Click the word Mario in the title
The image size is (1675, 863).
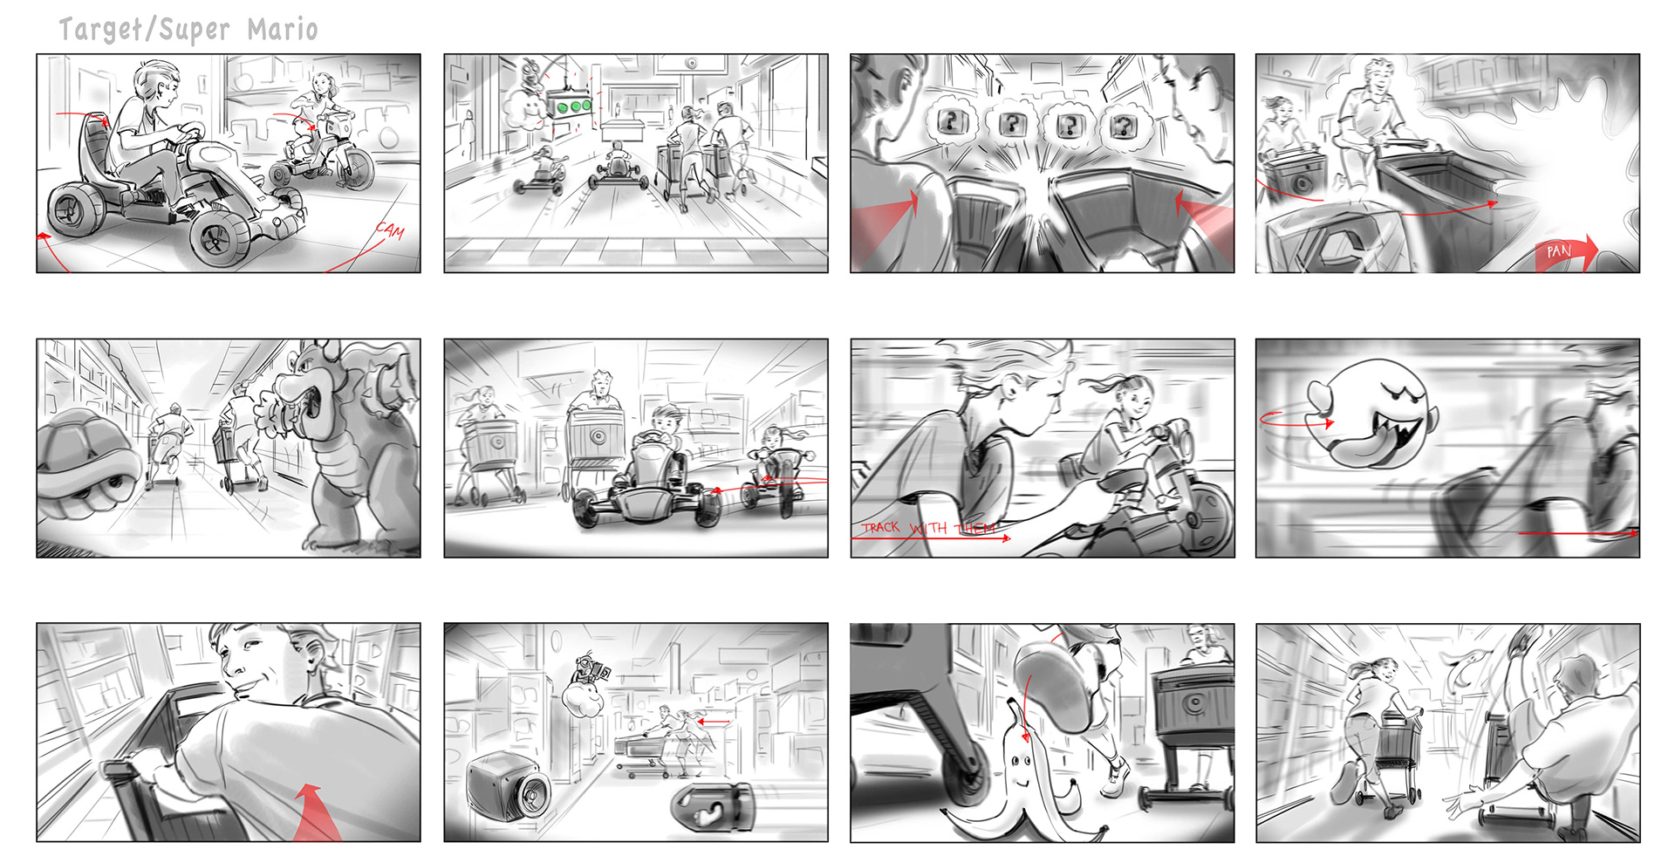tap(283, 29)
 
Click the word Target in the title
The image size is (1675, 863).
tap(99, 30)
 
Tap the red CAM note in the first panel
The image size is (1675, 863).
tap(391, 231)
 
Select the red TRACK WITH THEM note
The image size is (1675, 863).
tap(928, 528)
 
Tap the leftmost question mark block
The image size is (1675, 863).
tap(952, 122)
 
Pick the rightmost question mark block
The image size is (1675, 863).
tap(1124, 126)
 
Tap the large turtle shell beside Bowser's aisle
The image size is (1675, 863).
tap(87, 462)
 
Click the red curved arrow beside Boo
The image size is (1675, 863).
tap(1296, 421)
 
